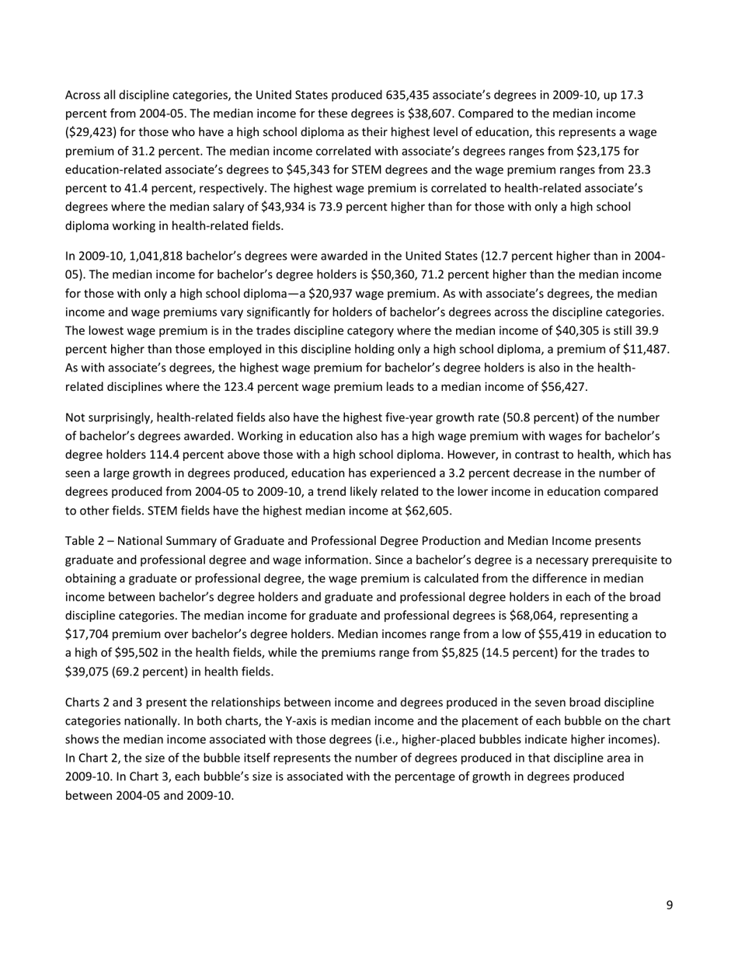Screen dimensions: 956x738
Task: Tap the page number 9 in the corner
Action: tap(669, 905)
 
